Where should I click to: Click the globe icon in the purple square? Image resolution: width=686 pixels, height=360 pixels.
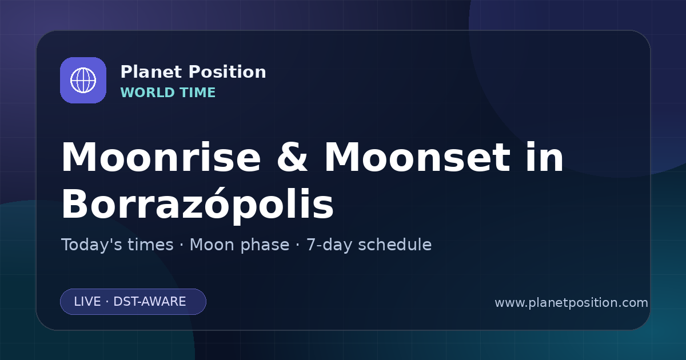(x=83, y=80)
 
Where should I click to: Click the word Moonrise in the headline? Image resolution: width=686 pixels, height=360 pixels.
(x=161, y=157)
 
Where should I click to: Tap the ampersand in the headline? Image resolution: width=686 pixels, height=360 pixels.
(x=292, y=157)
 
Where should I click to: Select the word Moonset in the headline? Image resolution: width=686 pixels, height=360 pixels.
(x=417, y=157)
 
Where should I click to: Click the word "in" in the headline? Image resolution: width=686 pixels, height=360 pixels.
(x=545, y=157)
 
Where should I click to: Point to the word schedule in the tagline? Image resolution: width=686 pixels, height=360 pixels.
(x=395, y=245)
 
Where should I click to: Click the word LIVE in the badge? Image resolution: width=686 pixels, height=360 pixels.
(x=87, y=302)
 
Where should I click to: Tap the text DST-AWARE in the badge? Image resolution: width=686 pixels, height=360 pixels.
(x=150, y=302)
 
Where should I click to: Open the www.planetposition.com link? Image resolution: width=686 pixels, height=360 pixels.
(x=572, y=303)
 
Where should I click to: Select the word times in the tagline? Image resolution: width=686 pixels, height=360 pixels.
(x=150, y=245)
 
